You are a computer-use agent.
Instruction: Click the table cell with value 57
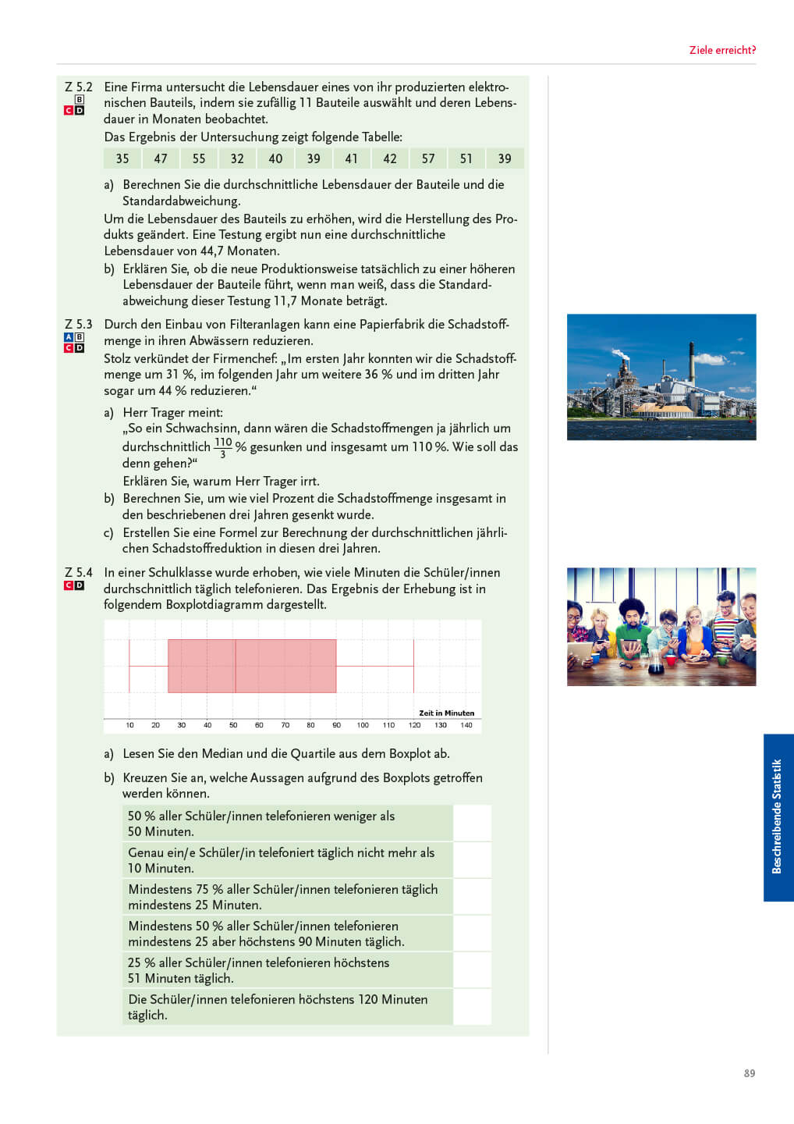tap(428, 158)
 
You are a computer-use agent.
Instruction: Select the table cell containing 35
tap(122, 158)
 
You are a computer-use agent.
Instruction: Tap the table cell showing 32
tap(237, 158)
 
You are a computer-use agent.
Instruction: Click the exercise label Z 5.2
tap(79, 87)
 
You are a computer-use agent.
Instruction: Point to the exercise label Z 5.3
tap(79, 324)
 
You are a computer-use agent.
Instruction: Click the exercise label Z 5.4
tap(79, 572)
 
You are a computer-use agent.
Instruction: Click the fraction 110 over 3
tap(223, 447)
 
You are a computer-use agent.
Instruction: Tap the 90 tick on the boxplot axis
tap(336, 725)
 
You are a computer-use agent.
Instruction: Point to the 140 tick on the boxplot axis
tap(466, 725)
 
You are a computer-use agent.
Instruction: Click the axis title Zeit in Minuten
tap(446, 713)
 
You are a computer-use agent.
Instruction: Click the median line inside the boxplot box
tap(236, 666)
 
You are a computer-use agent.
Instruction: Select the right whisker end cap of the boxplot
tap(413, 666)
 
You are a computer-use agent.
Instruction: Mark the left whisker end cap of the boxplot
tap(129, 666)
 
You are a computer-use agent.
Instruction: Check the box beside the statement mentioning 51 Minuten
tap(472, 970)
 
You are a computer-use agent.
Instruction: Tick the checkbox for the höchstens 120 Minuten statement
tap(472, 1007)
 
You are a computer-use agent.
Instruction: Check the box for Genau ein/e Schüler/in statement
tap(472, 860)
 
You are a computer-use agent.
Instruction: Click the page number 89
tap(749, 1073)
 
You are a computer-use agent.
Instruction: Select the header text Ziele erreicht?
tap(722, 50)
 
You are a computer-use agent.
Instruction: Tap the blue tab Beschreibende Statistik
tap(778, 816)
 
